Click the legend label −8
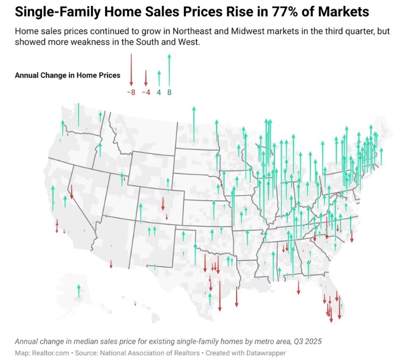pos(131,92)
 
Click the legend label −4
pos(146,92)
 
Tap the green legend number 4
pos(159,92)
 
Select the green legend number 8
pos(169,92)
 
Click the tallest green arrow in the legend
pos(169,69)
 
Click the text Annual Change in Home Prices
pos(67,75)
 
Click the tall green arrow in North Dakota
pos(194,123)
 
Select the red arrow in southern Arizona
pos(111,264)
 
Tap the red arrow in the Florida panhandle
pos(299,287)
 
